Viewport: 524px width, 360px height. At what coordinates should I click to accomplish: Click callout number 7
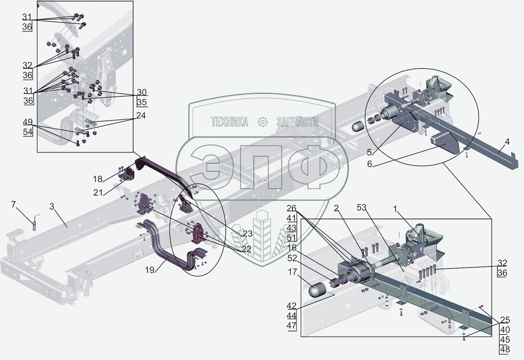pos(13,204)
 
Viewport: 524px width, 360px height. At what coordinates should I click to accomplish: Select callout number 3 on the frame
pos(52,206)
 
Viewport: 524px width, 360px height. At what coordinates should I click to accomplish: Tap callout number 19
pos(150,270)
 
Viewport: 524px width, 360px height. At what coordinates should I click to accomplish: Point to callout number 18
pos(97,179)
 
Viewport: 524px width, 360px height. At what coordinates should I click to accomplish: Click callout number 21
pos(98,192)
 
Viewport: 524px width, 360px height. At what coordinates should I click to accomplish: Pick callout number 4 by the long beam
pos(507,141)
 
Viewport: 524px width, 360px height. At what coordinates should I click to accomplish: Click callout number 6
pos(370,164)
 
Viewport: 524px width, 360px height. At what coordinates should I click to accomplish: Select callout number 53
pos(361,207)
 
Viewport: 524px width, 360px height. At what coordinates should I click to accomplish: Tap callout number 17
pos(292,272)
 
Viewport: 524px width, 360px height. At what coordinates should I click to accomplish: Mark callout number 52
pos(292,258)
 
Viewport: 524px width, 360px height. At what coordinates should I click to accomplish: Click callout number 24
pos(141,115)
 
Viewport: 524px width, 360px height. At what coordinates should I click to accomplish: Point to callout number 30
pos(141,92)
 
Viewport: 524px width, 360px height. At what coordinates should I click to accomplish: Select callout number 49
pos(28,122)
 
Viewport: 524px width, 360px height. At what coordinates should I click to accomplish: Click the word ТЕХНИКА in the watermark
pos(230,122)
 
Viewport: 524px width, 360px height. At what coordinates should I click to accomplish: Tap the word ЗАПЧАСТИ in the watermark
pos(297,122)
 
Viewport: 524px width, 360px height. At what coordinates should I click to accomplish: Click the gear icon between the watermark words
pos(263,122)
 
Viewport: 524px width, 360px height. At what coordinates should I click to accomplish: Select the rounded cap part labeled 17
pos(318,291)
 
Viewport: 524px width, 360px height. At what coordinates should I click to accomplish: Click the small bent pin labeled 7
pos(35,223)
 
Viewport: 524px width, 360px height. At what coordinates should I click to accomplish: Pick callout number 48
pos(505,349)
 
